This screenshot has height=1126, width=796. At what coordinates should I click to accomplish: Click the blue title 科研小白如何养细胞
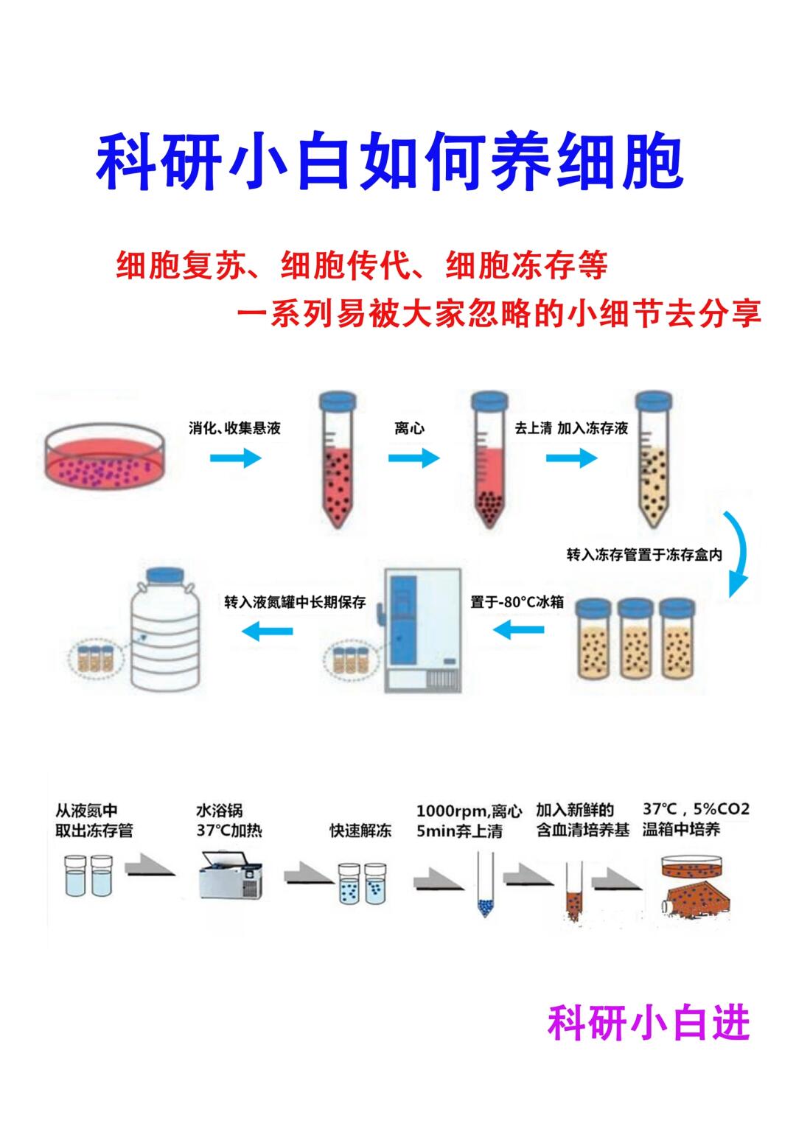[x=390, y=161]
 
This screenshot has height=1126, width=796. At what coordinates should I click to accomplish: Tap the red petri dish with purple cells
[x=104, y=461]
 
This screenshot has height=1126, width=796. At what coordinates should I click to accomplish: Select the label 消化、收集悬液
[x=234, y=428]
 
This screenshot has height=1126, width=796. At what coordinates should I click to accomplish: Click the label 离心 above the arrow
[x=409, y=428]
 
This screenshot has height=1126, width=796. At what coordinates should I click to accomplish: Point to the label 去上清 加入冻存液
[x=571, y=428]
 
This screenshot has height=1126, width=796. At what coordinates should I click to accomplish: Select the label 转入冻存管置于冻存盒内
[x=644, y=555]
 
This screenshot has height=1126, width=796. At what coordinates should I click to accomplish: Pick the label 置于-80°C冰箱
[x=517, y=602]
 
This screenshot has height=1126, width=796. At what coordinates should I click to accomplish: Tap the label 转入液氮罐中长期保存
[x=295, y=602]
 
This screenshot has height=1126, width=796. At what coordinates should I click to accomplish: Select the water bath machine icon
[x=231, y=874]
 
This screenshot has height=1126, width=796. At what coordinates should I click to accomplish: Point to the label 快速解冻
[x=360, y=830]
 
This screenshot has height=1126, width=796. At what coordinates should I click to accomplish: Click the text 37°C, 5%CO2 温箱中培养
[x=696, y=819]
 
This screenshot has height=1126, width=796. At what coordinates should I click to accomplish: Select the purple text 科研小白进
[x=648, y=1024]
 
